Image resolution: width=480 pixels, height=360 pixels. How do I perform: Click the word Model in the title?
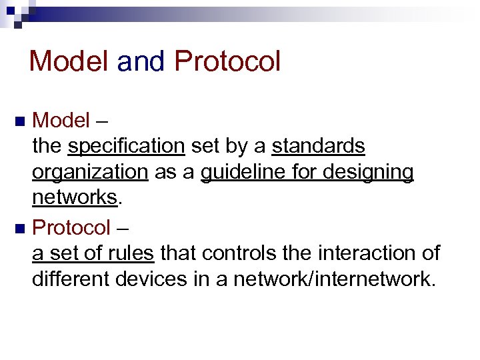coord(69,61)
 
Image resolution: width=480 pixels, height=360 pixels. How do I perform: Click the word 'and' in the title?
coord(142,61)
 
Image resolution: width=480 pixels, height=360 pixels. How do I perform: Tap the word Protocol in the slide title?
coord(227,61)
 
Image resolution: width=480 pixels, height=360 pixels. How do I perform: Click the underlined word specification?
coord(126,146)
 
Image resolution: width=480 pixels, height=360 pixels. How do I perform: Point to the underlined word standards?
coord(319,146)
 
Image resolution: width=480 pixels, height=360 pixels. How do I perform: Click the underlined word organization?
coord(90,172)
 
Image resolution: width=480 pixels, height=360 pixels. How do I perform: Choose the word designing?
coord(368,172)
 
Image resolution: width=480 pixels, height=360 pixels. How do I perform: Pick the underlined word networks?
coord(74,198)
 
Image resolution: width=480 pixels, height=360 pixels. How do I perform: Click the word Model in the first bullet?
coord(61,121)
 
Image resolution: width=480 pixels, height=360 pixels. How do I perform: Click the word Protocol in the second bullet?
coord(71,228)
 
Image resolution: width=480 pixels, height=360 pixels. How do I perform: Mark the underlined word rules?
coord(133,253)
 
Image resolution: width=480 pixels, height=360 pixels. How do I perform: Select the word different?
coord(71,279)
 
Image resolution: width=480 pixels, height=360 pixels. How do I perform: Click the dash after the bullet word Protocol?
coord(123,229)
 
